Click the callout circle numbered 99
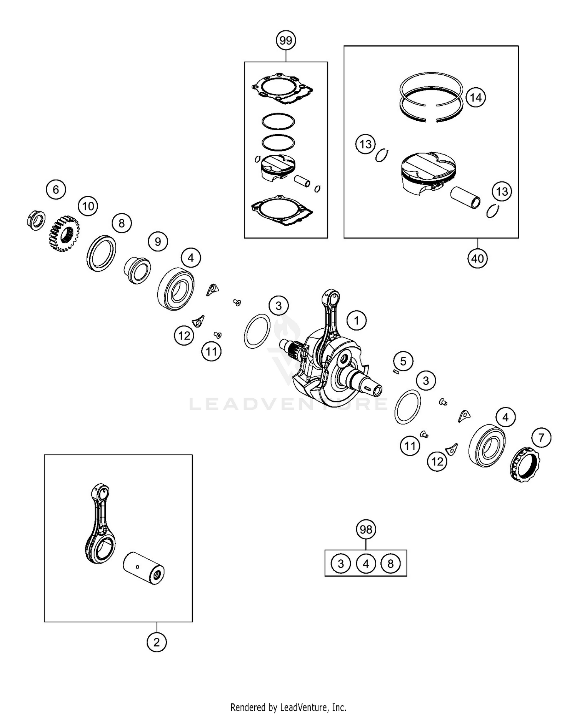pos(286,40)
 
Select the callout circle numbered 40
pos(477,258)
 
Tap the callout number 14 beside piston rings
pos(475,98)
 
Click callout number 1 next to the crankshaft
pos(356,320)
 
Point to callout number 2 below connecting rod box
pos(156,642)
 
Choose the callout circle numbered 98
pos(365,529)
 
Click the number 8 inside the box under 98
pos(390,564)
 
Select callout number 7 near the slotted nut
pos(541,437)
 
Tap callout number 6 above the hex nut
pos(56,189)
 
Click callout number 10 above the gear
pos(88,206)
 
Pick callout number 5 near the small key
pos(403,361)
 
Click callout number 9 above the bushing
pos(158,241)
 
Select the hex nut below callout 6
pos(36,221)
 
